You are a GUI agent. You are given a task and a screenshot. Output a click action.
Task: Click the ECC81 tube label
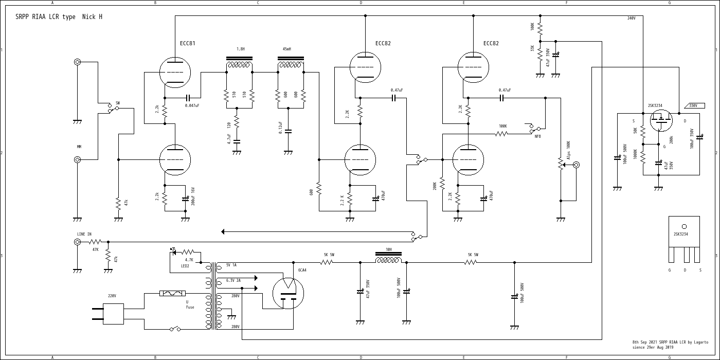tap(188, 44)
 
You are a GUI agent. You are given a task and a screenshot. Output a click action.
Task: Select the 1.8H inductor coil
tap(239, 65)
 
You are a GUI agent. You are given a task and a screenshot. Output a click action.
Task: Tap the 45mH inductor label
tap(286, 49)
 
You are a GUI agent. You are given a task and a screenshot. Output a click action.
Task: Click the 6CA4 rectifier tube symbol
tap(288, 293)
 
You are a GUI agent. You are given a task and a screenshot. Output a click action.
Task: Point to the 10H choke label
tap(389, 250)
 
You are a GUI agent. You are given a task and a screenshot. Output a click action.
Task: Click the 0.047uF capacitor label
tap(192, 105)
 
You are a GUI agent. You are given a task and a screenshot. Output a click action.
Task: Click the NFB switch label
tap(537, 136)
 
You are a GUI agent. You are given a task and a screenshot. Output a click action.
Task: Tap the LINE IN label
tap(84, 235)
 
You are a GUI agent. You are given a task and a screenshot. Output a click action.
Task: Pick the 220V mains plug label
tap(112, 296)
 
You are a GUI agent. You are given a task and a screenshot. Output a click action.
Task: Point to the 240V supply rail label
tap(631, 19)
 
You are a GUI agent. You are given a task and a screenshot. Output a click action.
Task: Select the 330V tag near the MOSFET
tap(693, 105)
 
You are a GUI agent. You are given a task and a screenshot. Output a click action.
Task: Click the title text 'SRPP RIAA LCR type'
tap(46, 17)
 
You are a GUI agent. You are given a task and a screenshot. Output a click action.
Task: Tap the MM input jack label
tap(79, 147)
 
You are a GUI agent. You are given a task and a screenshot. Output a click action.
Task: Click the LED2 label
tap(185, 266)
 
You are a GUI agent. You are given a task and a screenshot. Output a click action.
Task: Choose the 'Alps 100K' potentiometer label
tap(568, 150)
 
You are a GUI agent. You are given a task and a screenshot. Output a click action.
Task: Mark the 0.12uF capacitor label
tap(281, 128)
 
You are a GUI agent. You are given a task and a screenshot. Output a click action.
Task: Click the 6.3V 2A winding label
tap(233, 281)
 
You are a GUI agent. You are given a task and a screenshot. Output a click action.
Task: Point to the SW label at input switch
tap(118, 103)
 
